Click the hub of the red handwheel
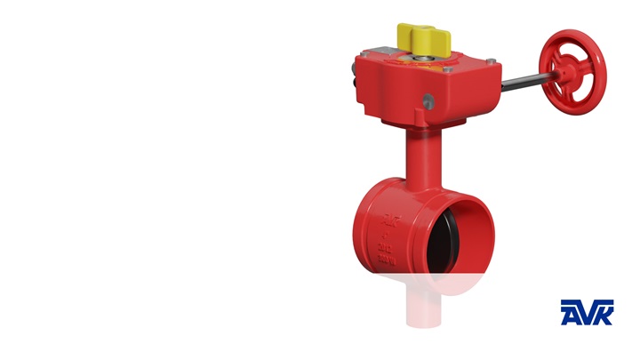pos(563,71)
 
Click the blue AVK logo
pos(587,312)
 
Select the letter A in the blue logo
pos(569,312)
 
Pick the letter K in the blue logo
pos(603,312)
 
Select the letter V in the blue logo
pos(587,313)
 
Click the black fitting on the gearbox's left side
pos(355,84)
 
